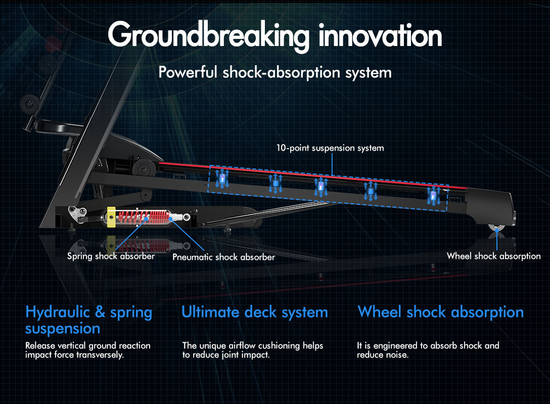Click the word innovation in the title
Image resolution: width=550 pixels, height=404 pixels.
380,35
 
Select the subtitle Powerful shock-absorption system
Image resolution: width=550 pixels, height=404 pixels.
275,73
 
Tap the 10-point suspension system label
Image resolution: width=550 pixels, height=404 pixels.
330,148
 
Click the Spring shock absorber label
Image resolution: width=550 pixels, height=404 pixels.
111,256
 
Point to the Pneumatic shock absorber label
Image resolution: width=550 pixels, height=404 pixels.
223,257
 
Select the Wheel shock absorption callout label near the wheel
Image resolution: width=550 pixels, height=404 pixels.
493,256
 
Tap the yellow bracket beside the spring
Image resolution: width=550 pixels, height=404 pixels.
111,217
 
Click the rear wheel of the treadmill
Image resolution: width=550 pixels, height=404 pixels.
497,227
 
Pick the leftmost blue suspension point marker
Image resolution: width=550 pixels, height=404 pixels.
222,178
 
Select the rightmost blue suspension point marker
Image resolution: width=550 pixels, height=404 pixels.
434,196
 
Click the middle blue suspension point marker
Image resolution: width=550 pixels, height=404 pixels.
320,187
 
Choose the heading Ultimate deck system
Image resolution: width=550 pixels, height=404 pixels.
255,312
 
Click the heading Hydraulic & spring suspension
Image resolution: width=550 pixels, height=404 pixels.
89,320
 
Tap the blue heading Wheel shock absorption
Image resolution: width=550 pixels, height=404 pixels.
441,312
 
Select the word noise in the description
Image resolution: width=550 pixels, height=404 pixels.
398,355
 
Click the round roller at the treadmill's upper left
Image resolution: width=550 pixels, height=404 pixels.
29,104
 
